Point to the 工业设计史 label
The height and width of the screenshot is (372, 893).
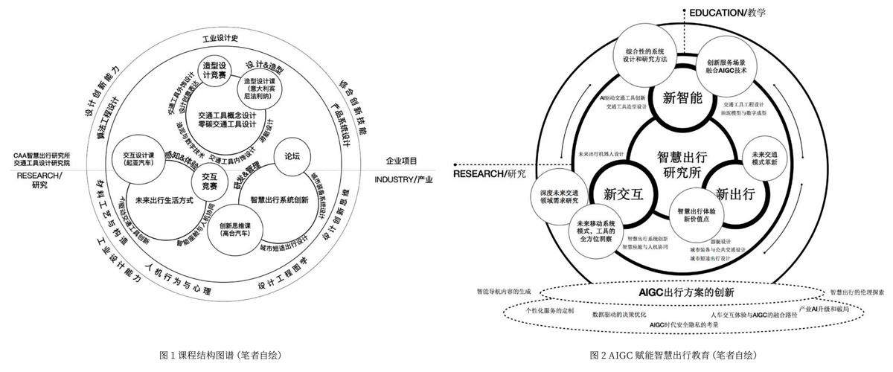[223, 38]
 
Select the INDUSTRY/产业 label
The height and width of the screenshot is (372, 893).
[403, 179]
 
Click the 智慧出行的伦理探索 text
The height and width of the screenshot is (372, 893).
[856, 291]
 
